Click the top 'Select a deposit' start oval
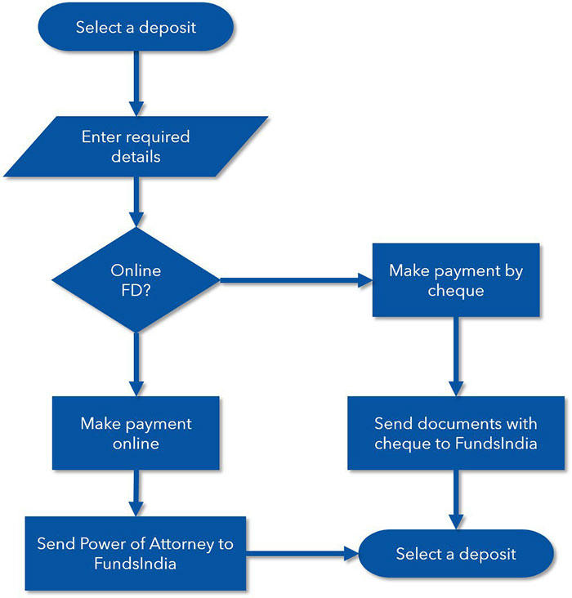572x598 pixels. coord(136,27)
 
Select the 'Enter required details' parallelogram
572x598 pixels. coord(136,146)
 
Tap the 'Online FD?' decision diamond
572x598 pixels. coord(136,279)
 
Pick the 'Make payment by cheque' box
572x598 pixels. coord(456,279)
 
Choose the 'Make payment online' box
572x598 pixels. coord(136,434)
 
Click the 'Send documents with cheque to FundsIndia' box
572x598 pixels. coord(456,434)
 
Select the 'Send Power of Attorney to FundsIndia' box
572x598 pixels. coord(136,553)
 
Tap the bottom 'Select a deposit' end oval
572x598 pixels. coord(456,554)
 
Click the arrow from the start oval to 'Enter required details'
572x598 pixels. coord(136,83)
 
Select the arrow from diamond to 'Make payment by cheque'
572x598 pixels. coord(294,280)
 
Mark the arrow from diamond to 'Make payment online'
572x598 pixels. coord(136,364)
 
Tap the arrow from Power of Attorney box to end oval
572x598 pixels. coord(302,554)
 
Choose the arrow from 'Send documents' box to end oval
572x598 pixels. coord(456,498)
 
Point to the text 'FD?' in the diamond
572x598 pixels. coord(136,289)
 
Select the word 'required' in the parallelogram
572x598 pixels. coord(162,136)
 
